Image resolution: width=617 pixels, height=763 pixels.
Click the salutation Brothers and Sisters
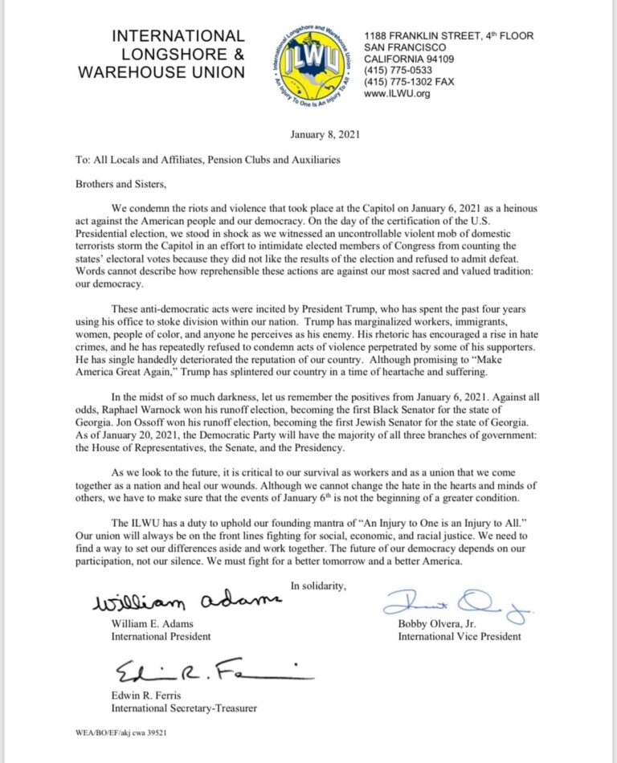click(x=130, y=183)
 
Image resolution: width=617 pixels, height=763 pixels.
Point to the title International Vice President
click(x=459, y=636)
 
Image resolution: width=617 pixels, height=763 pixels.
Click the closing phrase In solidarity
click(x=318, y=585)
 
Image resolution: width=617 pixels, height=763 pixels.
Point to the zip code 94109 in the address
click(x=453, y=59)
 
